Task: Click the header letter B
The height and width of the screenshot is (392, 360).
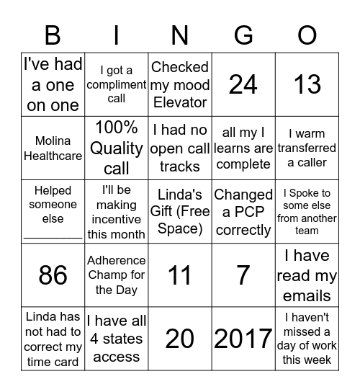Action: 53,34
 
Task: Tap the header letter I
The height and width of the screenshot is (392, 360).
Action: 117,34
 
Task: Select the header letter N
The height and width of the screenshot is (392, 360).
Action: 180,34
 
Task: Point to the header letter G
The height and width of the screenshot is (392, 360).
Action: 243,34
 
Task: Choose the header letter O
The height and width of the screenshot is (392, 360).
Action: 307,34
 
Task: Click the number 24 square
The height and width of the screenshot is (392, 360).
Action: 243,84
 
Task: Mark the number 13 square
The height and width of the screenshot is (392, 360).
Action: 307,84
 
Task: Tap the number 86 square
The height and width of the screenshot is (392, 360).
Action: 53,275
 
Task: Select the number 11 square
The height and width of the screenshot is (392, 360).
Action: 180,275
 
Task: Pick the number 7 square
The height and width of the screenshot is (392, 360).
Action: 243,275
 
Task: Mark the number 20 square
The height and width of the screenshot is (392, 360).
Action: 180,339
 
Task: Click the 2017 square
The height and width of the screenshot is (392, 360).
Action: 243,339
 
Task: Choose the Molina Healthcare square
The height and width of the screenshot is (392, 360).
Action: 53,148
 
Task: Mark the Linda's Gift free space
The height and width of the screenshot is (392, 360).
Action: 180,212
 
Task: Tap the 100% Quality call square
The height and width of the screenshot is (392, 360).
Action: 117,148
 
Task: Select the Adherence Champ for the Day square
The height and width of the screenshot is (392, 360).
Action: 117,275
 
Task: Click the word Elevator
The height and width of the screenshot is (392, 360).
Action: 180,102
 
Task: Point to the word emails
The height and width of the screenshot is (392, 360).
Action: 307,295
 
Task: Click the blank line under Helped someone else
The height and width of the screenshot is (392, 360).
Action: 53,236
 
